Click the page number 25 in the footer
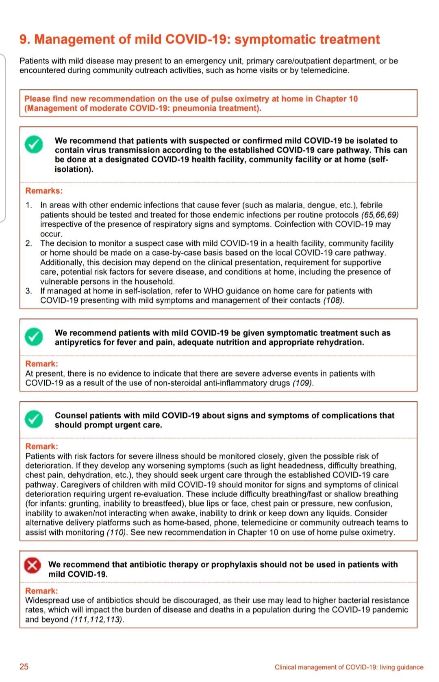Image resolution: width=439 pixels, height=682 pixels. click(x=24, y=667)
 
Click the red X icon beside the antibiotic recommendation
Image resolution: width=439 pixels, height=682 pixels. click(x=33, y=565)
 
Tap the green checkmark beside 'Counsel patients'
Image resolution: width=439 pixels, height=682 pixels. click(x=34, y=420)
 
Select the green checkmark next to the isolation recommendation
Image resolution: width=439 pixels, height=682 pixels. click(x=34, y=144)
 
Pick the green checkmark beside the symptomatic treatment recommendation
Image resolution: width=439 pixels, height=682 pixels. click(x=34, y=337)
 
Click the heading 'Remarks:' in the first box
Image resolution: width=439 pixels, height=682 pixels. click(x=44, y=191)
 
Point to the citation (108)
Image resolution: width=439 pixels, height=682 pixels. click(x=333, y=301)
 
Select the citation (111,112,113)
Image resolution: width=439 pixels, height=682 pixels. click(x=97, y=620)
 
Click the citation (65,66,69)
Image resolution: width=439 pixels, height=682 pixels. click(x=380, y=215)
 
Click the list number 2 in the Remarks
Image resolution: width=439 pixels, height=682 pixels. click(x=28, y=243)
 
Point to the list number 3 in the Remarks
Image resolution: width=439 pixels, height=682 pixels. click(x=28, y=291)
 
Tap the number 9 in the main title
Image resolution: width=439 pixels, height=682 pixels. click(x=24, y=39)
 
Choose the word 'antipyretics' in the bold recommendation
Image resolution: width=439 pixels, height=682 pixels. click(x=78, y=343)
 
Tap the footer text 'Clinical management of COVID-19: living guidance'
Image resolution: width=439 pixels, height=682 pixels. click(x=349, y=667)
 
